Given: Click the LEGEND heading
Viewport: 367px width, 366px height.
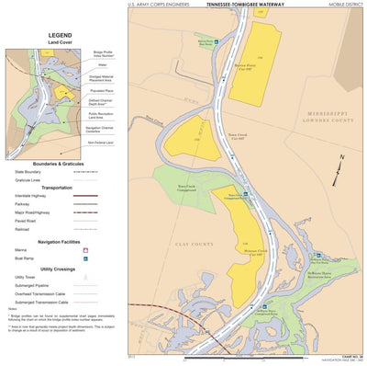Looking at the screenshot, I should point(60,36).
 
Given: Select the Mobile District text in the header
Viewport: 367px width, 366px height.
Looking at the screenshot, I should point(344,5).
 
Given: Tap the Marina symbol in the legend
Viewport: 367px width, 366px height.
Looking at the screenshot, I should point(85,249).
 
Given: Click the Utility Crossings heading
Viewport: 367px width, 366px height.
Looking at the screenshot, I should point(60,268).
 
